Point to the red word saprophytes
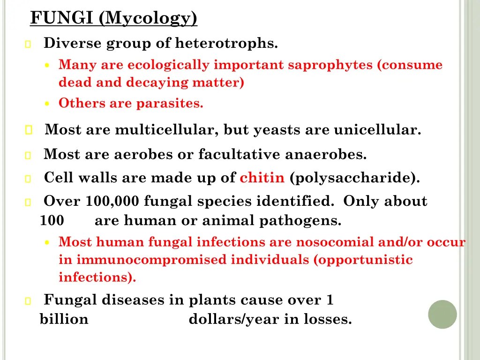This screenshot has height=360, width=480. [331, 65]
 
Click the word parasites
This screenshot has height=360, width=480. [170, 104]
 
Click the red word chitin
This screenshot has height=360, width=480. [262, 178]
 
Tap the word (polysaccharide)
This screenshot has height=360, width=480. [355, 179]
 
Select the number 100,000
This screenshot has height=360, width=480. [113, 202]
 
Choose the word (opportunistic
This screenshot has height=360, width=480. [363, 260]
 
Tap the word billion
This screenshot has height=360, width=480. [64, 320]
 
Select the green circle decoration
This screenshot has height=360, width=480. [442, 314]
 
